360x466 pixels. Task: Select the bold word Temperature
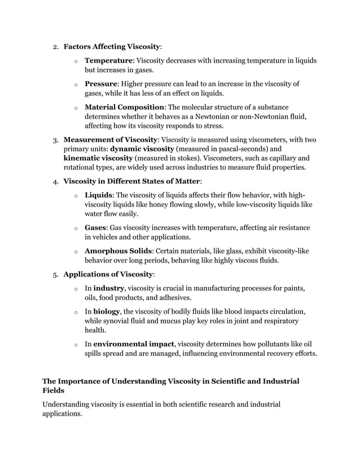click(x=109, y=60)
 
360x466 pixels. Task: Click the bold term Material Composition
click(x=124, y=107)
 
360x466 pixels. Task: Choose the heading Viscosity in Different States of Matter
click(x=131, y=182)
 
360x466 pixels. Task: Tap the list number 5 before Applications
click(x=55, y=275)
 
